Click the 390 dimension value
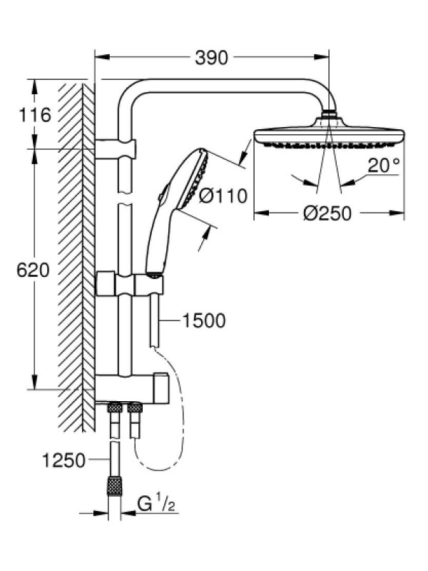(x=211, y=58)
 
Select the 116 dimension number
(x=35, y=115)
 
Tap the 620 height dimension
(x=33, y=271)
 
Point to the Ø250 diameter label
(x=327, y=213)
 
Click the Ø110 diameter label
(x=223, y=196)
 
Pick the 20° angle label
(x=383, y=166)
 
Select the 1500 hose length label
(x=203, y=320)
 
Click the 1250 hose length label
(x=63, y=460)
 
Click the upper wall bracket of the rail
(x=116, y=149)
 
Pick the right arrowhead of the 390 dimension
(x=322, y=57)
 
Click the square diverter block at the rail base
(x=160, y=388)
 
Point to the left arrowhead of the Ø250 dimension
(x=261, y=213)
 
